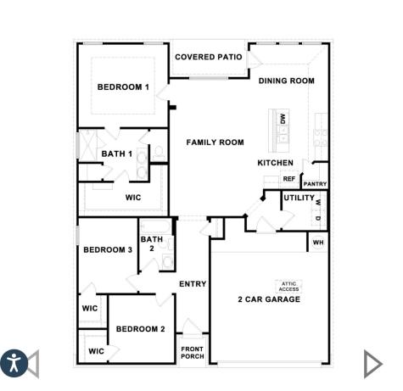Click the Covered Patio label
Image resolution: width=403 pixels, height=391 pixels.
point(209,57)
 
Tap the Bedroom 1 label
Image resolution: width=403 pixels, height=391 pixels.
point(123,87)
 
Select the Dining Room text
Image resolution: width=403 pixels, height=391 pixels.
point(287,81)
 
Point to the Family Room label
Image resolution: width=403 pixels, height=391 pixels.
point(215,142)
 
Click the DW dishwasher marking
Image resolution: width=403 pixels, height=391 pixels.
point(283,119)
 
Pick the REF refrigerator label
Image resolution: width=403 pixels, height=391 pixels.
point(289,179)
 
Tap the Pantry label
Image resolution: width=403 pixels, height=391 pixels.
point(315,184)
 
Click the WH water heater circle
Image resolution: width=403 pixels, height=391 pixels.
point(318,243)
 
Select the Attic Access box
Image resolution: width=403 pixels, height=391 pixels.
point(288,287)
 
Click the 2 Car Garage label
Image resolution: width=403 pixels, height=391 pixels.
point(269,299)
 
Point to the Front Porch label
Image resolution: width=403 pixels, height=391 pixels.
point(193,353)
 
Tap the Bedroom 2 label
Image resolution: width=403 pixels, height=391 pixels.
point(141,329)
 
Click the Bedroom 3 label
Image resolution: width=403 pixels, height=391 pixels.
point(108,250)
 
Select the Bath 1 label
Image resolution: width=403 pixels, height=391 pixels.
point(117,154)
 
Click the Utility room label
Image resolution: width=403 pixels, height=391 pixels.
point(299,198)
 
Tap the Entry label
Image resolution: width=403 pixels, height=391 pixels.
point(193,284)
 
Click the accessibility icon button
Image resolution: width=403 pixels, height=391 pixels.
point(14,363)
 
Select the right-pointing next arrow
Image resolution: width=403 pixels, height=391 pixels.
point(373,364)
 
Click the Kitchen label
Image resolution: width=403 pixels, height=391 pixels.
point(275,163)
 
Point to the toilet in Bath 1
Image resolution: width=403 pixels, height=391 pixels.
point(159,153)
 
